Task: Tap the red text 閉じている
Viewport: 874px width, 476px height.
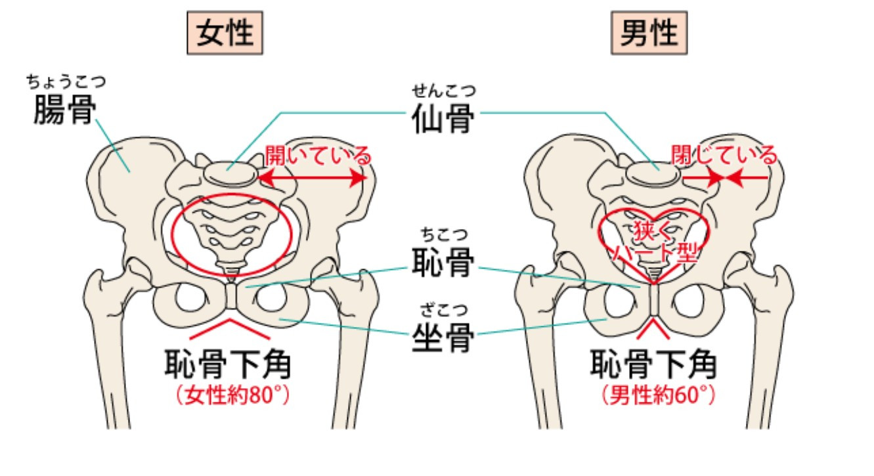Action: click(724, 156)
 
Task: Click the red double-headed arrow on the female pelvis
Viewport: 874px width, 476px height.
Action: click(311, 178)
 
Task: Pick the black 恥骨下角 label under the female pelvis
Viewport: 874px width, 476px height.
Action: click(228, 364)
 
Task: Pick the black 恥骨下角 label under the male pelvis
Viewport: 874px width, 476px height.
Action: click(654, 364)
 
